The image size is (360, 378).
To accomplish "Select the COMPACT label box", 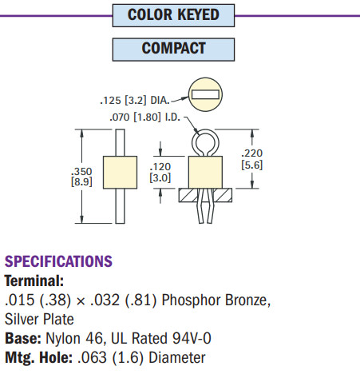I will (173, 49).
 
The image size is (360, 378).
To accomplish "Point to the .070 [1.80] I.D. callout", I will (144, 117).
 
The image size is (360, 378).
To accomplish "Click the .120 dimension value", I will (160, 166).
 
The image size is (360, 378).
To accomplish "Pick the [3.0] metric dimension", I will (160, 177).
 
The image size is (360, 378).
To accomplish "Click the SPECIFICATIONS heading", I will (58, 261).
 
